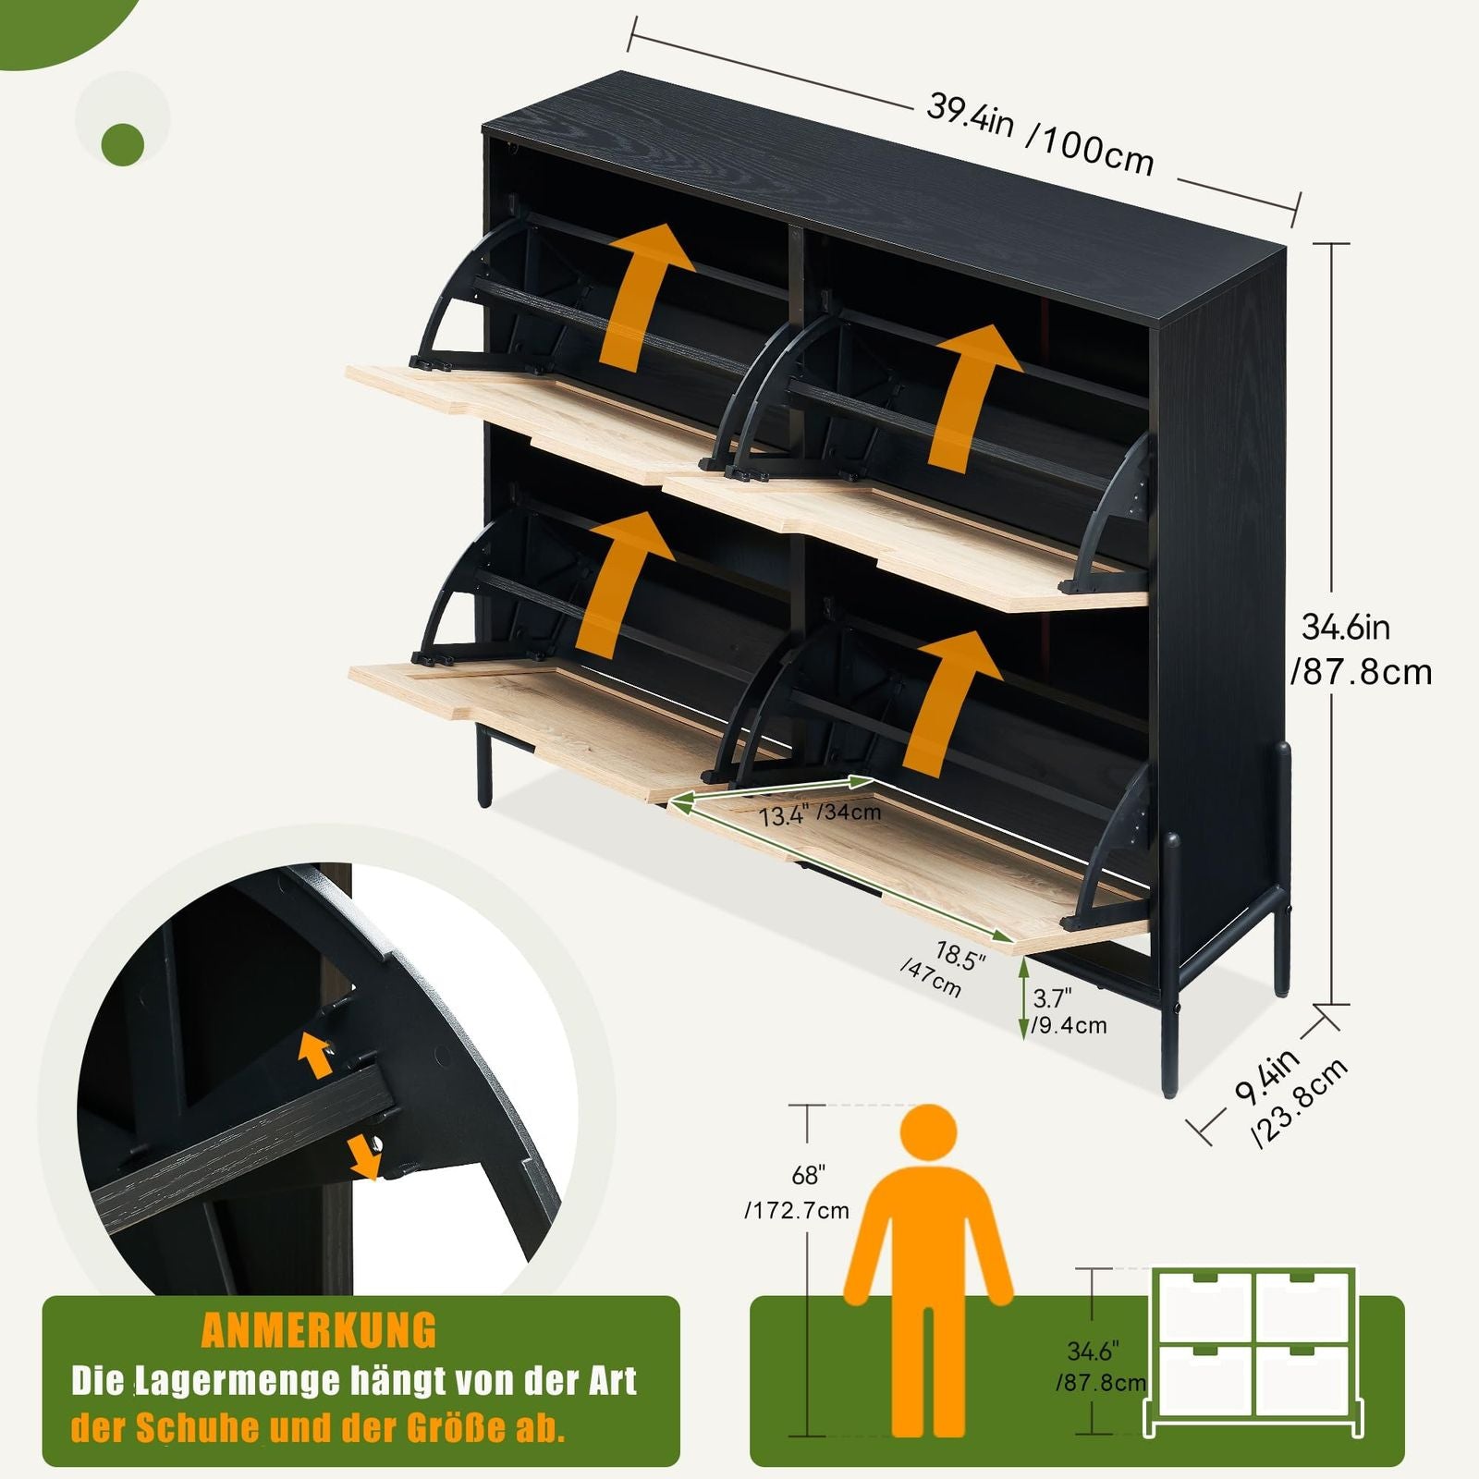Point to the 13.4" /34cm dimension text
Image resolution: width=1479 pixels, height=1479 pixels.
coord(820,814)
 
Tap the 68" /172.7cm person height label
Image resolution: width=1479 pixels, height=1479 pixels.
coord(797,1193)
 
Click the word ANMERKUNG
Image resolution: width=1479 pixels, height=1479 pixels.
coord(318,1330)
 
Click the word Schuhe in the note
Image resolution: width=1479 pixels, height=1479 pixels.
coord(197,1428)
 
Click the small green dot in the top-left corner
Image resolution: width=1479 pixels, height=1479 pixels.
coord(123,143)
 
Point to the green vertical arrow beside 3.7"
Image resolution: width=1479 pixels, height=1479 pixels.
coord(1022,997)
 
